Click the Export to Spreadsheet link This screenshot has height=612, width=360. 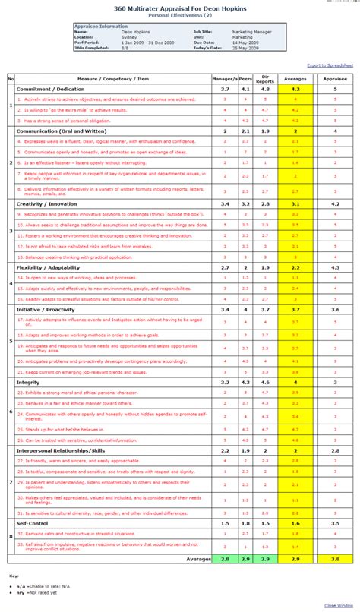330,66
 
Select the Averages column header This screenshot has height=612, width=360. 295,78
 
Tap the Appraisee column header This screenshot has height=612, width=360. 335,78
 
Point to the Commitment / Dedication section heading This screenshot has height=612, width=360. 50,89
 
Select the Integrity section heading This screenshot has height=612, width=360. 28,382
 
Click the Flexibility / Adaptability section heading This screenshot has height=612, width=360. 49,267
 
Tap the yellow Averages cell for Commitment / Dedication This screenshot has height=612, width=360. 295,89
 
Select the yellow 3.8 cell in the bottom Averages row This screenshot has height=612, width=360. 335,558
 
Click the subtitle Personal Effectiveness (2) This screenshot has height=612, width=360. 178,14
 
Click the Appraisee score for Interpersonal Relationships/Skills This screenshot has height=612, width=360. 335,450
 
